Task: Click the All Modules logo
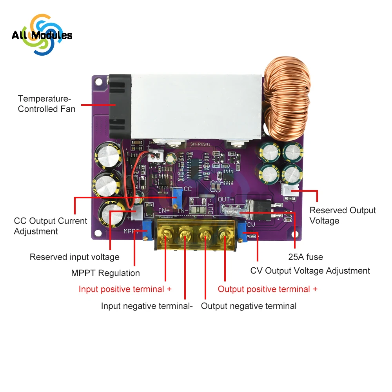click(42, 35)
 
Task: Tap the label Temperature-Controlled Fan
click(47, 104)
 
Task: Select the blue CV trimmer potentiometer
click(241, 235)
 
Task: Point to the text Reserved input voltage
click(74, 257)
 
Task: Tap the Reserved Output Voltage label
click(343, 216)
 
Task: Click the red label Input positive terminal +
click(125, 289)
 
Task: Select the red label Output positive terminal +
click(267, 289)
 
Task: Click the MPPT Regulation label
click(105, 273)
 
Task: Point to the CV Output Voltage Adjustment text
click(310, 270)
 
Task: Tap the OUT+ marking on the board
click(226, 199)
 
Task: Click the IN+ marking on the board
click(164, 211)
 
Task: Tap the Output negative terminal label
click(249, 306)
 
